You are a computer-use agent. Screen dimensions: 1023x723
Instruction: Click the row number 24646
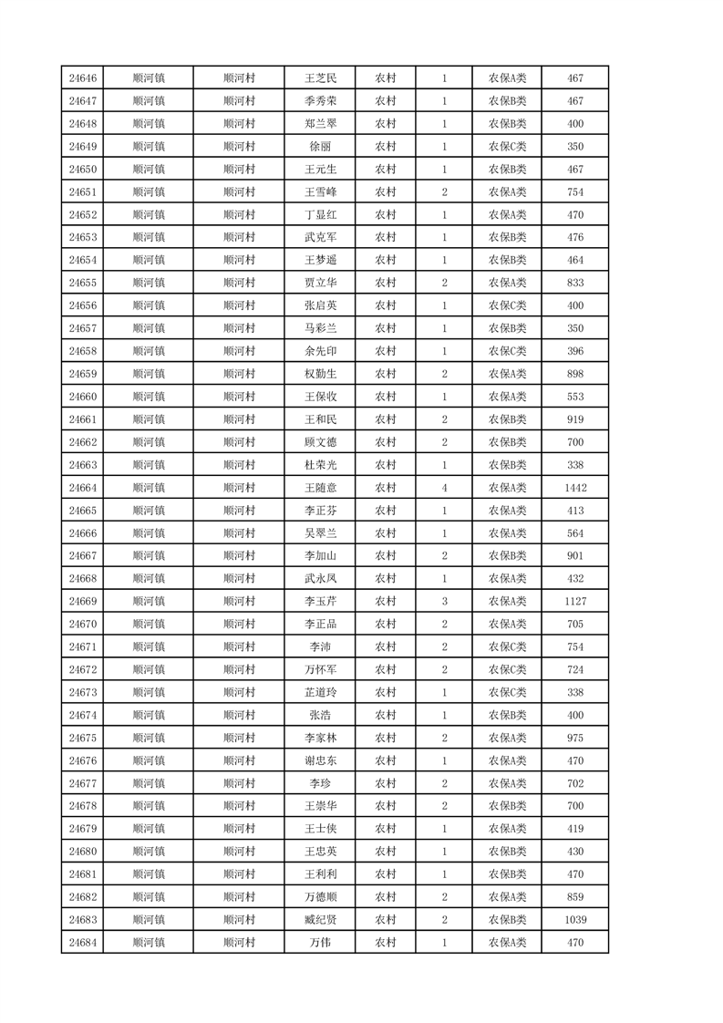coord(82,78)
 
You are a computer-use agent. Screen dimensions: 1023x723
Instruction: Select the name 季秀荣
coord(320,101)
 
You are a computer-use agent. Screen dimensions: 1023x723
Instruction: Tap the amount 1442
coord(574,488)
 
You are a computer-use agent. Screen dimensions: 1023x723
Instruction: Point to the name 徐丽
coord(320,147)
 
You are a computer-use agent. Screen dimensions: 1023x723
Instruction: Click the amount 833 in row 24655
coord(574,283)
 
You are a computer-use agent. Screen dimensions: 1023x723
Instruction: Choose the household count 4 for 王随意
coord(444,488)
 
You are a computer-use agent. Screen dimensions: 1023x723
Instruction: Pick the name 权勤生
coord(320,374)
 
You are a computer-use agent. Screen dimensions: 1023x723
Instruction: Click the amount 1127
coord(574,602)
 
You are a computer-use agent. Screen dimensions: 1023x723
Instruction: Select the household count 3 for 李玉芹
coord(444,602)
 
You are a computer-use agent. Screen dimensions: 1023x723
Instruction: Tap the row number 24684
coord(82,943)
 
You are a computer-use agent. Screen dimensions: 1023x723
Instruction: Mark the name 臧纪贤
coord(320,920)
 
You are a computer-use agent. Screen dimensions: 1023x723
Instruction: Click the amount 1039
coord(574,920)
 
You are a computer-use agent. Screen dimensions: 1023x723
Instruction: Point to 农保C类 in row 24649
coord(507,147)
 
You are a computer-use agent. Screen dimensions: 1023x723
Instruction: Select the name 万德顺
coord(320,897)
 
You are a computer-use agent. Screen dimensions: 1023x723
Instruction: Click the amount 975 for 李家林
coord(574,738)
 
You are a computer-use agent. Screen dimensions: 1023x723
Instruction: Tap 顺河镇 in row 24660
coord(148,397)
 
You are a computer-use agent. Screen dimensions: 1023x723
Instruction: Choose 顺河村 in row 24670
coord(239,625)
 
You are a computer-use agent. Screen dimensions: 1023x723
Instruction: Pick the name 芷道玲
coord(320,692)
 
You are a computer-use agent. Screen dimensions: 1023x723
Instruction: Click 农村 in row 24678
coord(386,806)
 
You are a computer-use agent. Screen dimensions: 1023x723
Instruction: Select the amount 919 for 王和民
coord(574,419)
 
